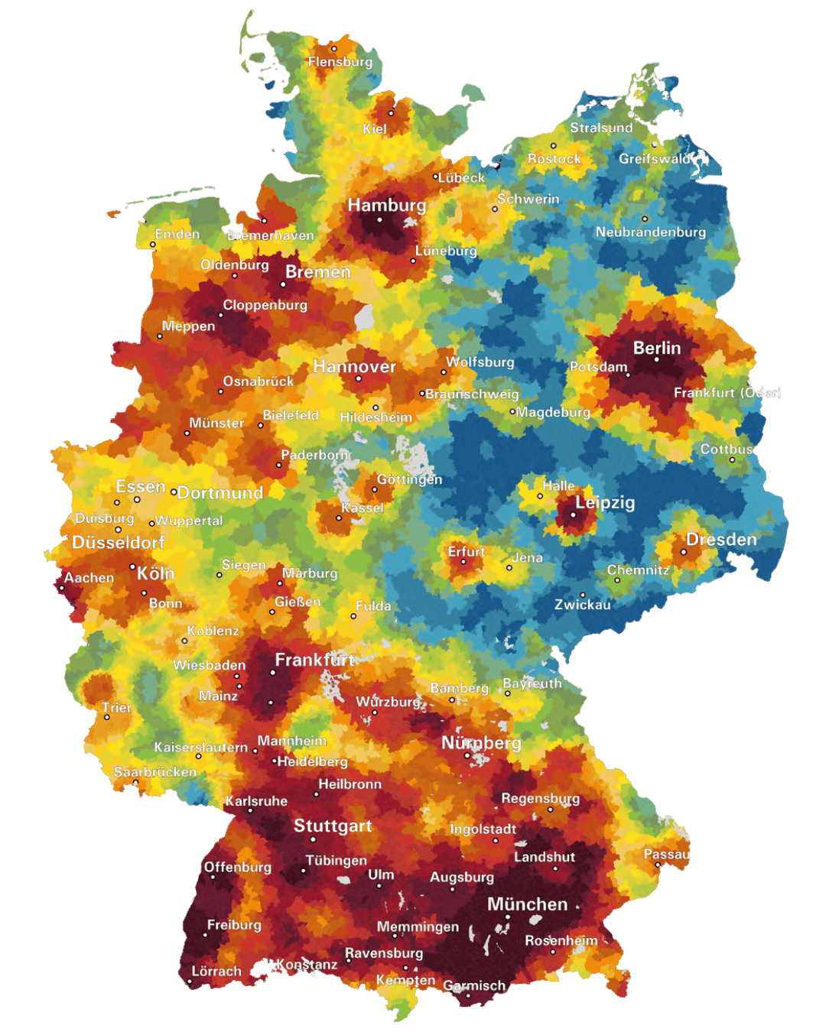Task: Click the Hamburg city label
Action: point(386,205)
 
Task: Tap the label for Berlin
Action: point(656,348)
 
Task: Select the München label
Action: point(527,904)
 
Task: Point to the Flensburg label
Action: point(340,62)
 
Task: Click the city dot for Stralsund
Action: point(554,145)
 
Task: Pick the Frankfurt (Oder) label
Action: point(727,393)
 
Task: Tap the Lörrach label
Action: point(216,972)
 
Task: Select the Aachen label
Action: point(89,578)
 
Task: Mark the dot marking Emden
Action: point(153,245)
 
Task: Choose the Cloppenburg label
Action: point(265,305)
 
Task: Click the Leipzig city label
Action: point(604,503)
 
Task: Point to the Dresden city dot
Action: point(684,552)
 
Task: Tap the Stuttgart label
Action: point(332,826)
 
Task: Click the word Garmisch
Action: point(474,986)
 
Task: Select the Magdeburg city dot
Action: point(512,412)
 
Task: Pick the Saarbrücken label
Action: point(154,772)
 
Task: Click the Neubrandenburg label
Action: point(650,232)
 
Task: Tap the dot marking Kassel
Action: point(339,518)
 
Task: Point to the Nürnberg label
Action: point(481,743)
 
